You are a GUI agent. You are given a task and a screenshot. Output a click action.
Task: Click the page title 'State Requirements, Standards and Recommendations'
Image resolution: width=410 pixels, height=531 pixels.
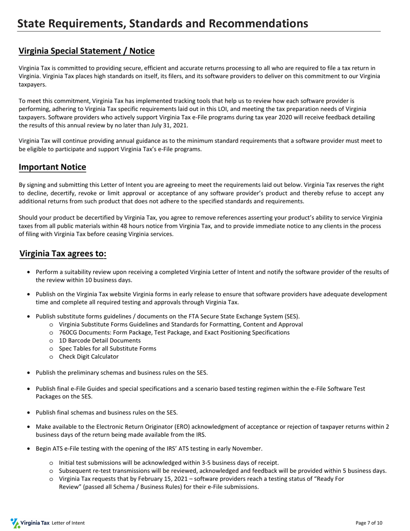click(x=163, y=23)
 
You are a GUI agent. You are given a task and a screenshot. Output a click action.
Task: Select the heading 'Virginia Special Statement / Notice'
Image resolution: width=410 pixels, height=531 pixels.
click(x=86, y=51)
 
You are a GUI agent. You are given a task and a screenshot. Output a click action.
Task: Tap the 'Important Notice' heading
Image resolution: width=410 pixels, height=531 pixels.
click(x=52, y=167)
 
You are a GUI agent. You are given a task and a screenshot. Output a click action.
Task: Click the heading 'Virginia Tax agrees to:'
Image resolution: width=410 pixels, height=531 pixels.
click(x=63, y=253)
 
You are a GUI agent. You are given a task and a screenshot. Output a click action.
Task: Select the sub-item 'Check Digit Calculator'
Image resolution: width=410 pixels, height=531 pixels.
click(x=88, y=357)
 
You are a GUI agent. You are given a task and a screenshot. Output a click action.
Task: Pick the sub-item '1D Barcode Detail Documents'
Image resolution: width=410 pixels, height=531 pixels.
click(x=100, y=340)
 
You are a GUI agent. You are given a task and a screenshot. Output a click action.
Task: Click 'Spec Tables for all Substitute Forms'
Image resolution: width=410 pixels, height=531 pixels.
click(x=107, y=348)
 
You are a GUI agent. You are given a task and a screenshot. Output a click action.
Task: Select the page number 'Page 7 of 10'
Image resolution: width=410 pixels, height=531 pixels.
click(x=369, y=523)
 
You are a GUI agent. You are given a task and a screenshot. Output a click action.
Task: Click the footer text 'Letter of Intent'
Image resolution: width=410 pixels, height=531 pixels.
click(x=68, y=523)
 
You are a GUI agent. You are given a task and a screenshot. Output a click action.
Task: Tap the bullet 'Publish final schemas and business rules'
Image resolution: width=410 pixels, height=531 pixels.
click(x=107, y=412)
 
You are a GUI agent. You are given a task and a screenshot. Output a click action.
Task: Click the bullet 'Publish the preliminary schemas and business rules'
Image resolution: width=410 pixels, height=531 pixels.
click(x=122, y=373)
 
